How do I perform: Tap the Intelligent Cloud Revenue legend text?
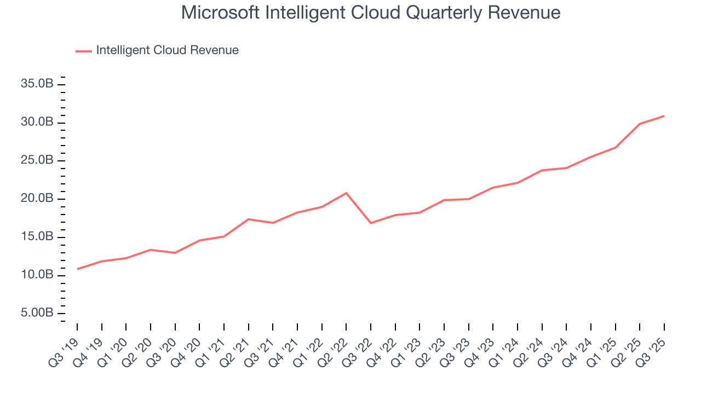click(167, 50)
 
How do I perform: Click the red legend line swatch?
click(84, 51)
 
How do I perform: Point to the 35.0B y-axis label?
click(38, 84)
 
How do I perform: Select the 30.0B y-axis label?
click(38, 122)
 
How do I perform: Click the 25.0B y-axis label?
click(38, 160)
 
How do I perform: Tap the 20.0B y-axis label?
click(38, 199)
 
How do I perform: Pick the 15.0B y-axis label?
click(38, 237)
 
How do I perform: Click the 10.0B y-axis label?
click(38, 275)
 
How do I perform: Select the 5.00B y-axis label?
click(38, 313)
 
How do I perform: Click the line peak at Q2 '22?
click(346, 193)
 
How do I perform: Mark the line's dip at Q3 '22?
click(371, 223)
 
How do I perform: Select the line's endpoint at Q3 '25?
click(664, 116)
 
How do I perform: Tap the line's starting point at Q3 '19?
click(77, 269)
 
